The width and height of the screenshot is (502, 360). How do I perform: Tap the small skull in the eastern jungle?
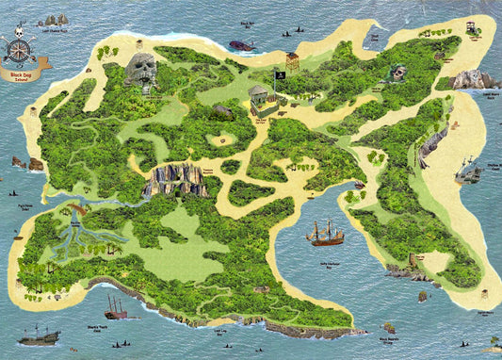(x=399, y=73)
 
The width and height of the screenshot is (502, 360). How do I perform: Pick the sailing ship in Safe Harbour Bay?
(x=325, y=232)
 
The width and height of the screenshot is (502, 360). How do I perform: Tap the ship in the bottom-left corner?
(x=40, y=335)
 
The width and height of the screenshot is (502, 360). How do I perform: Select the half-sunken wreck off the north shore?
(x=242, y=44)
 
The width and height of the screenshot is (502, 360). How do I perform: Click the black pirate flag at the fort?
(x=280, y=75)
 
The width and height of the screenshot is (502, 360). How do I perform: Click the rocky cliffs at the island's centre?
(x=175, y=179)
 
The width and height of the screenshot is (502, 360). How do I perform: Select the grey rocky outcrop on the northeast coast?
(x=474, y=79)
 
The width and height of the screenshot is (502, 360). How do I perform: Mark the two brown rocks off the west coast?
(x=26, y=163)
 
